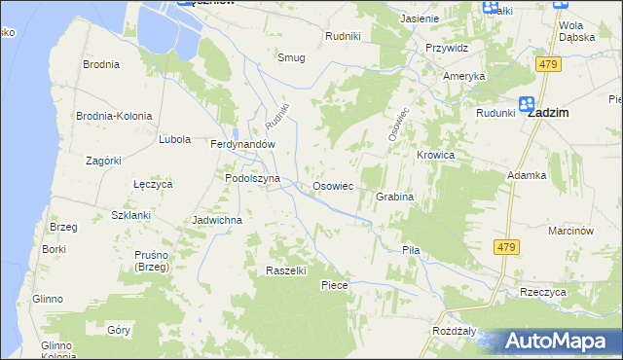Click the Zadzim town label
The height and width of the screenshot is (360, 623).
coord(549,113)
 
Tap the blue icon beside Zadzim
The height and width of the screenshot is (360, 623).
coord(527,103)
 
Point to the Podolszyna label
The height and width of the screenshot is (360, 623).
coord(252,179)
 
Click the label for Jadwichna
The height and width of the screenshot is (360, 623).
coord(217,220)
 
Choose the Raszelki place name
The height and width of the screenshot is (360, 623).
coord(286,270)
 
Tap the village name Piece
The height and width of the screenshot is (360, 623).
coord(335,285)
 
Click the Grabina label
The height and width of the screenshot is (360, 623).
coord(395,197)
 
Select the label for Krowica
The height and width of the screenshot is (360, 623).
coord(436,155)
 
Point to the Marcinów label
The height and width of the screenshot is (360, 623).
coord(571,231)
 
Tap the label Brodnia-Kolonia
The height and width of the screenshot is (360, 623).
coord(115,116)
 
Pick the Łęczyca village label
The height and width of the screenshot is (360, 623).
coord(152,183)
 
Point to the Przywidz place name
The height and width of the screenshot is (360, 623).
coord(448,47)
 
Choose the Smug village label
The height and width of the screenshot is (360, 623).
coord(291,57)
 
